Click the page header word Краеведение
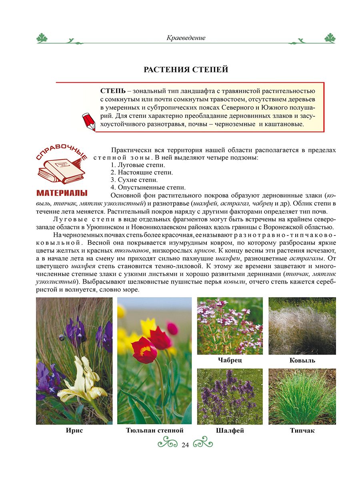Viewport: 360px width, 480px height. (x=186, y=38)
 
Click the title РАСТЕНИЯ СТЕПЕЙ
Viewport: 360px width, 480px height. (x=186, y=70)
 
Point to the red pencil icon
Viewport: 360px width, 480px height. (x=89, y=121)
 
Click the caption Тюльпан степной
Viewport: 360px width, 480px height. (x=154, y=431)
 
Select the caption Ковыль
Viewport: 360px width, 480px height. (x=302, y=360)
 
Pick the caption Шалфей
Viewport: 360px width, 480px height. (x=230, y=431)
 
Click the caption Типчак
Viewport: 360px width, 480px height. (x=302, y=431)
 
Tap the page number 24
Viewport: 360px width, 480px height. (x=185, y=445)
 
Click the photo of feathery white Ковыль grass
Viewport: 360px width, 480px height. (x=302, y=326)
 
